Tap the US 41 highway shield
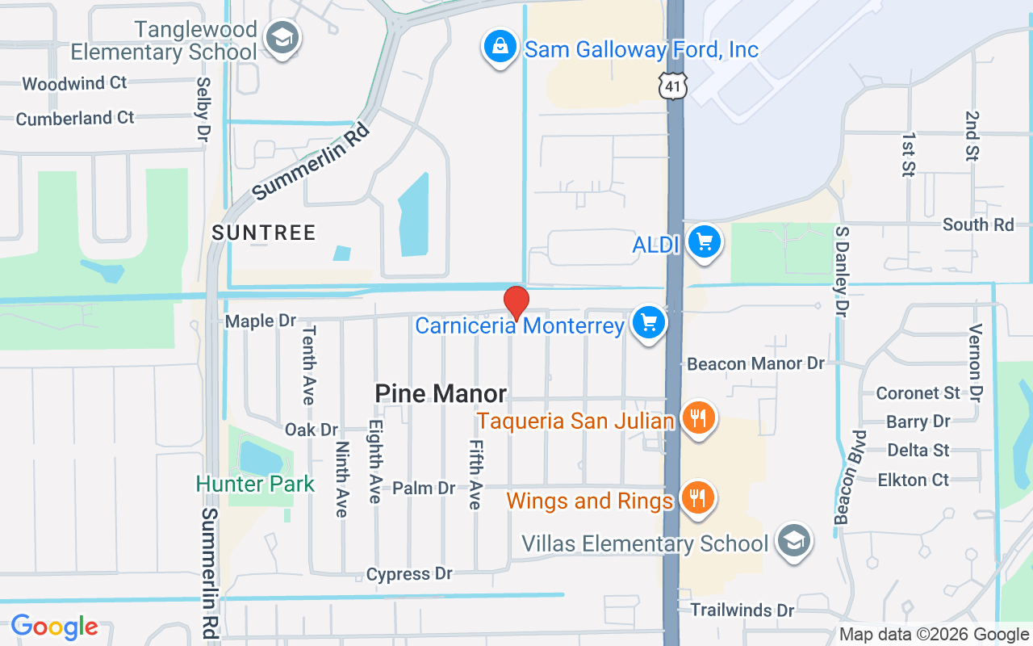coord(672,84)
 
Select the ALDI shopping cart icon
coord(704,241)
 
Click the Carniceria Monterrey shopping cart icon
coord(648,323)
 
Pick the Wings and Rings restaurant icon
coord(698,497)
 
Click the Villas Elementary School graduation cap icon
coord(793,542)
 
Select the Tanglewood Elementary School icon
coord(282,38)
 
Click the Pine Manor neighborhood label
coord(441,394)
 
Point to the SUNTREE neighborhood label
coord(263,233)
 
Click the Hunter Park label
coord(255,484)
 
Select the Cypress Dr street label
coord(409,574)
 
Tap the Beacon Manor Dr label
coord(755,364)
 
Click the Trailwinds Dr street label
coord(742,610)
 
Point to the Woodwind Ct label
coord(74,83)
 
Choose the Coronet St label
coord(918,393)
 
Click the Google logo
coord(54,627)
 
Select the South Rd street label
coord(978,224)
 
